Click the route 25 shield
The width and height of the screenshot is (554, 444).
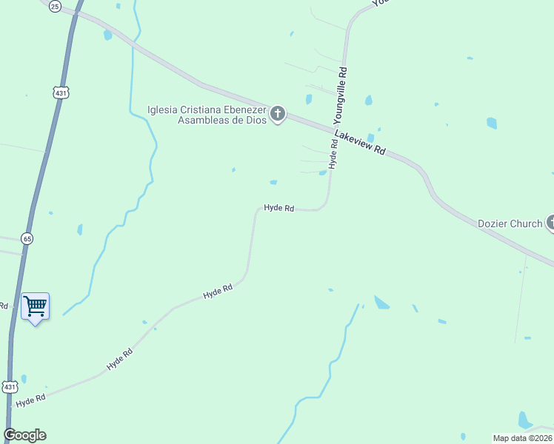pos(55,6)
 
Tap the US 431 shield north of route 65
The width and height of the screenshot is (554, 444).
pos(61,92)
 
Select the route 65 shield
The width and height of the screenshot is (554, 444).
pos(27,238)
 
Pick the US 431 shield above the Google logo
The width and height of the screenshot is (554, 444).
pos(9,387)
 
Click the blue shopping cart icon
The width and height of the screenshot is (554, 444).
pos(35,305)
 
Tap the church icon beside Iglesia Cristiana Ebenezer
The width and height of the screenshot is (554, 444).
pos(278,114)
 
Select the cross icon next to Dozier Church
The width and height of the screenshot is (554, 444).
pos(550,221)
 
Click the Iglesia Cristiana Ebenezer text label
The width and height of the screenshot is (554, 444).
pos(207,115)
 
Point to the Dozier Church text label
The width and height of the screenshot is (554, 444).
pos(510,223)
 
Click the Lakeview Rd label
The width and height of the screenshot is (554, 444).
pos(360,142)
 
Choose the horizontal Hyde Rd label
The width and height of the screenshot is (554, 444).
pos(279,209)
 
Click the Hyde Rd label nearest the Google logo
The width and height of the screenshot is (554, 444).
pos(30,399)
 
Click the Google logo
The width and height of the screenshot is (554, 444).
pos(24,435)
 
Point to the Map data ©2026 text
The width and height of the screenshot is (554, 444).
pos(522,438)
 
